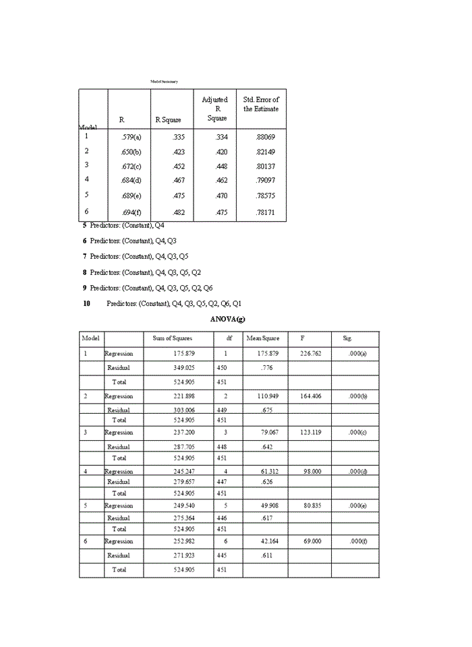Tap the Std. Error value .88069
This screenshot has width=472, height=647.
tap(265, 137)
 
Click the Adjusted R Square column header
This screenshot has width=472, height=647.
tap(214, 109)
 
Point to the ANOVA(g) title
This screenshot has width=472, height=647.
tap(227, 318)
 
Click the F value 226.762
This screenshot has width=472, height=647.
tap(310, 354)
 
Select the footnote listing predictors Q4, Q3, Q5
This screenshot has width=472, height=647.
tap(139, 257)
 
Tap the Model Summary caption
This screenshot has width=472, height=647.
tap(164, 82)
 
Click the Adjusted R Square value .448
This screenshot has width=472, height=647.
tap(221, 166)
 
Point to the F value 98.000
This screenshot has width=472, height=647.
tap(311, 472)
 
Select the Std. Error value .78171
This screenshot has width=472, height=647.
tap(265, 212)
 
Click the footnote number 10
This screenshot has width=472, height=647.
tap(87, 303)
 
